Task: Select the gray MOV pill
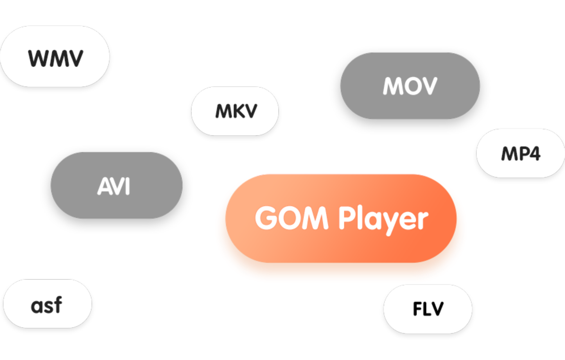pyautogui.click(x=410, y=86)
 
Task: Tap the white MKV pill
pyautogui.click(x=235, y=111)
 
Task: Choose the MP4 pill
pyautogui.click(x=520, y=153)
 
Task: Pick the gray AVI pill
pyautogui.click(x=116, y=185)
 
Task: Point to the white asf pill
pyautogui.click(x=47, y=304)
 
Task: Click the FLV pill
pyautogui.click(x=428, y=309)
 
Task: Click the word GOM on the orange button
pyautogui.click(x=291, y=218)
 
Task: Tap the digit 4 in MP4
pyautogui.click(x=534, y=154)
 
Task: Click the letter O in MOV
pyautogui.click(x=410, y=86)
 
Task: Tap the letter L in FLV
pyautogui.click(x=427, y=309)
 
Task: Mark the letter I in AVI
pyautogui.click(x=128, y=186)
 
